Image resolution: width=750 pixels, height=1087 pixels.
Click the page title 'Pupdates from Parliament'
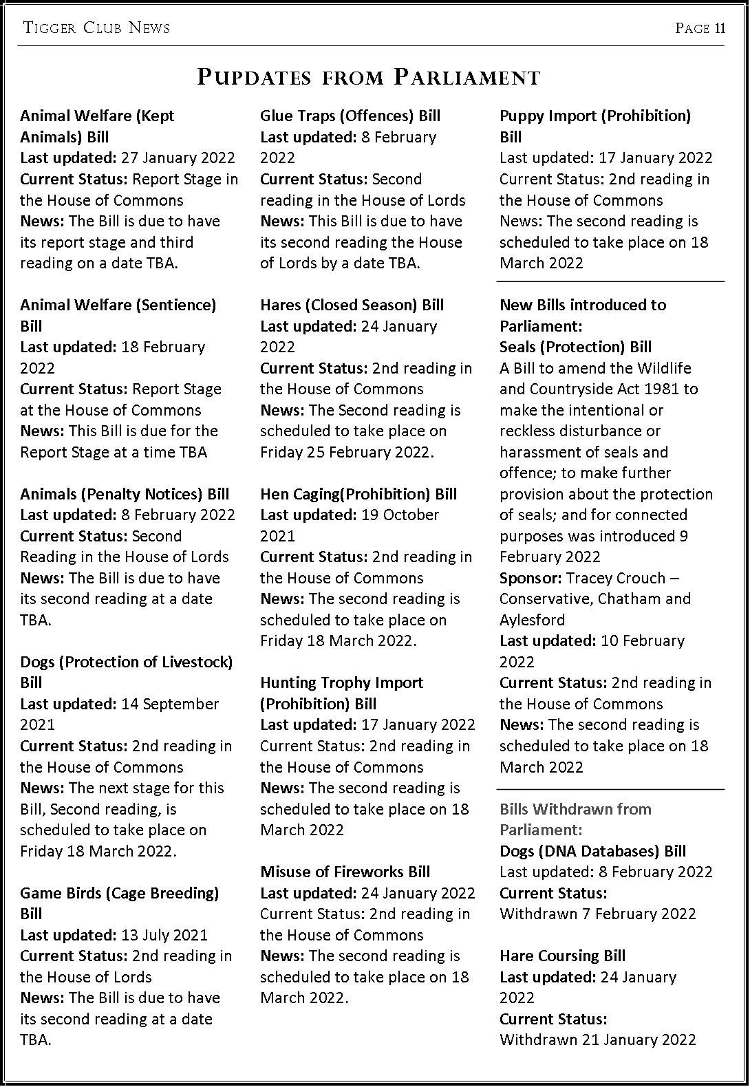[368, 77]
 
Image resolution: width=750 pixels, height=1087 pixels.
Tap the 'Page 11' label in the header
[700, 28]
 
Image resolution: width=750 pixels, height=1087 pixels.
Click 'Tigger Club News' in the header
[96, 28]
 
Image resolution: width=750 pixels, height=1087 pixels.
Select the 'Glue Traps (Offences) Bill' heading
[350, 116]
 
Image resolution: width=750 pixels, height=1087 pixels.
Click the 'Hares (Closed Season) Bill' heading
[352, 305]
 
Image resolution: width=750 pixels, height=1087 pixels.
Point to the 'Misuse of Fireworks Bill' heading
[345, 872]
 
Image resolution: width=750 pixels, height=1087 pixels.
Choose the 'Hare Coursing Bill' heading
[562, 956]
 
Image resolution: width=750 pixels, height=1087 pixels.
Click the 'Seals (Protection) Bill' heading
[575, 347]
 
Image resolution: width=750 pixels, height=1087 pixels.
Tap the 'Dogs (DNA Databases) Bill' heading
[592, 851]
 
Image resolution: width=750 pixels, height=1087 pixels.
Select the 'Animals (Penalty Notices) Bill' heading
[125, 494]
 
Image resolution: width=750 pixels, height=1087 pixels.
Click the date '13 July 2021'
[164, 935]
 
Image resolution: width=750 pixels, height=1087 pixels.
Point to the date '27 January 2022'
[178, 158]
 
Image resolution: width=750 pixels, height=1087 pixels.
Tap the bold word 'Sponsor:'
[531, 578]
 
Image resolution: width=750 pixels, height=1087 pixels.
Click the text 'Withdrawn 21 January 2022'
[597, 1040]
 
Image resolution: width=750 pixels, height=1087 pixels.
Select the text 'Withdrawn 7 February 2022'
[597, 914]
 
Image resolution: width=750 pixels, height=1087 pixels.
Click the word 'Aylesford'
[532, 620]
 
